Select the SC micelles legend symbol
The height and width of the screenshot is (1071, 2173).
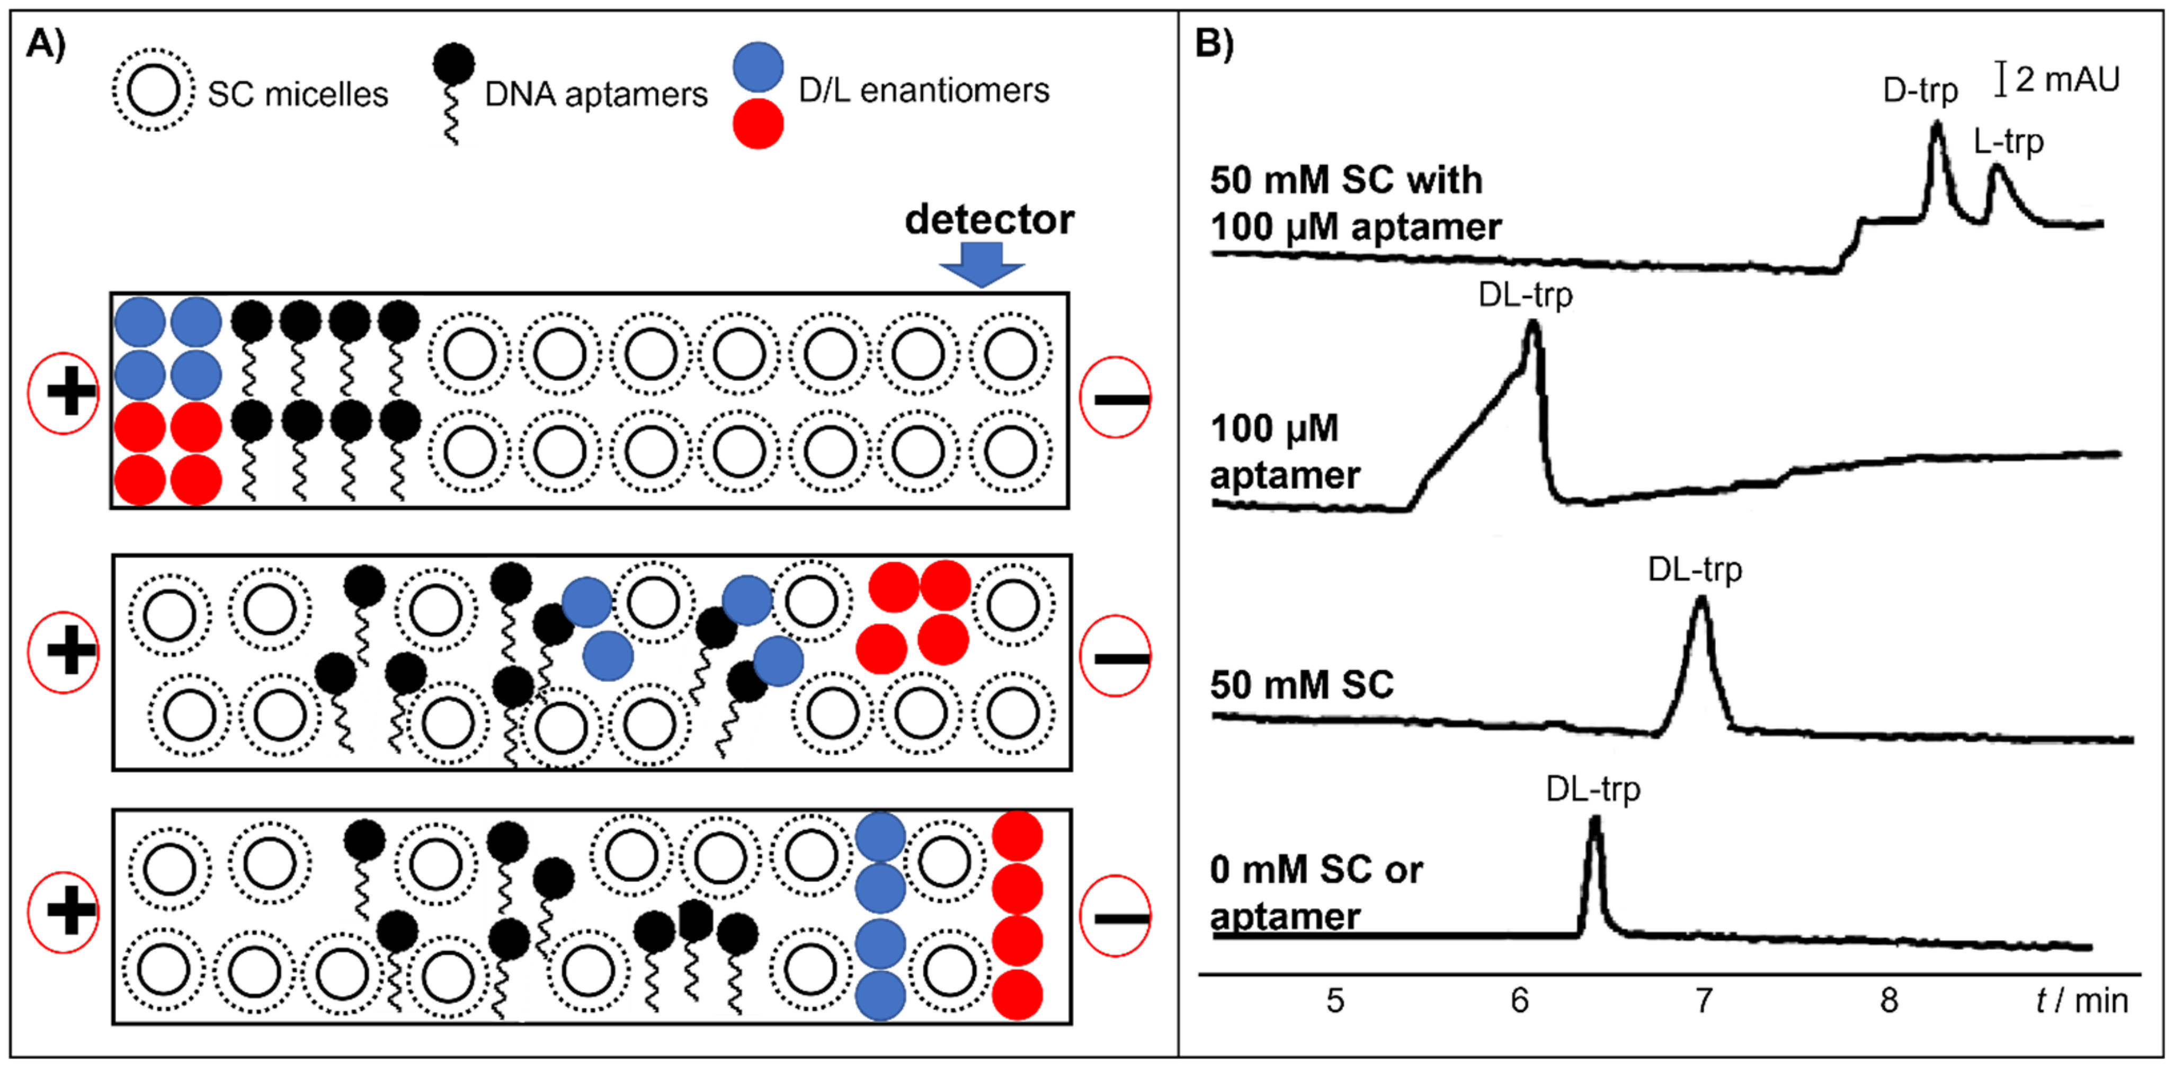click(154, 90)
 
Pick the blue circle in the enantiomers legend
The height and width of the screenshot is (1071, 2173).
click(758, 67)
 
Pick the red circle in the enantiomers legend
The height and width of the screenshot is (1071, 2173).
click(758, 124)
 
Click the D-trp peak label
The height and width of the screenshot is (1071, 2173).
click(1919, 90)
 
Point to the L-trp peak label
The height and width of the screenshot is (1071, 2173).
click(2008, 141)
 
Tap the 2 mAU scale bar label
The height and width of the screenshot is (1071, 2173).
click(2066, 79)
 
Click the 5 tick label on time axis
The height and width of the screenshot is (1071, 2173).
click(1334, 1000)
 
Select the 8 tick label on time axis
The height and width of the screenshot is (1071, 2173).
click(1889, 1000)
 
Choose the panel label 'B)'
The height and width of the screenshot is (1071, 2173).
click(1215, 42)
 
